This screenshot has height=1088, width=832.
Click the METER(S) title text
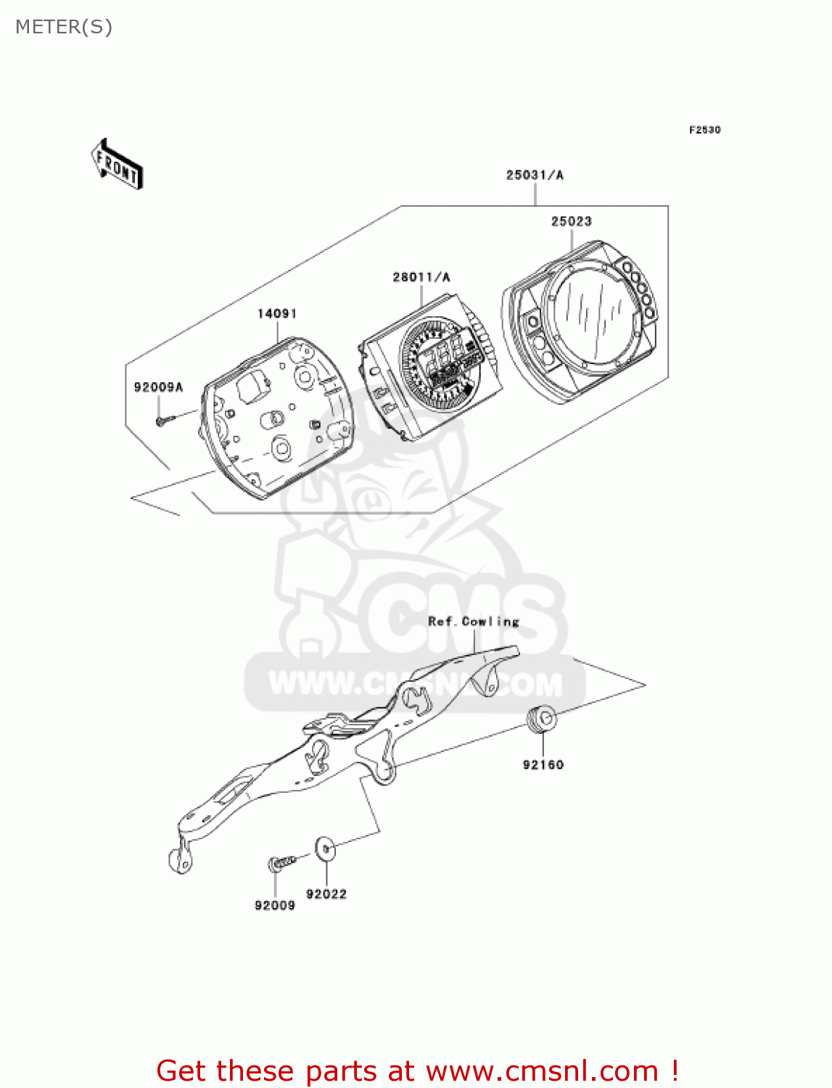coord(64,28)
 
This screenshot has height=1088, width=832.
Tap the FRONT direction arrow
coord(117,165)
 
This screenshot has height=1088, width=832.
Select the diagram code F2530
coord(704,130)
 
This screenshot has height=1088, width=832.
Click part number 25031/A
coord(535,175)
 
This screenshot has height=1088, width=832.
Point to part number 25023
coord(571,221)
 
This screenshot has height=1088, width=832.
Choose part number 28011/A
coord(421,277)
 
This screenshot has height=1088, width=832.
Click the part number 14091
coord(277,313)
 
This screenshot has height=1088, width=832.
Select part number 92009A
coord(158,387)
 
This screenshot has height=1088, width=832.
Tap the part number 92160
coord(543,765)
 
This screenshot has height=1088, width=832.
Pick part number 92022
coord(326,894)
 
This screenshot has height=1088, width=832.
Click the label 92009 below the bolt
coord(275,905)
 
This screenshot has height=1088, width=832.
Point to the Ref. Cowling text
coord(474,622)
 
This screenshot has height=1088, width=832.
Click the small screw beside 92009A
coord(164,419)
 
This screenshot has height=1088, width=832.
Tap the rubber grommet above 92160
coord(542,718)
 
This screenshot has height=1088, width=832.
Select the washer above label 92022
coord(324,848)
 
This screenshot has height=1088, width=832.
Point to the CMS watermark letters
coord(464,617)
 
